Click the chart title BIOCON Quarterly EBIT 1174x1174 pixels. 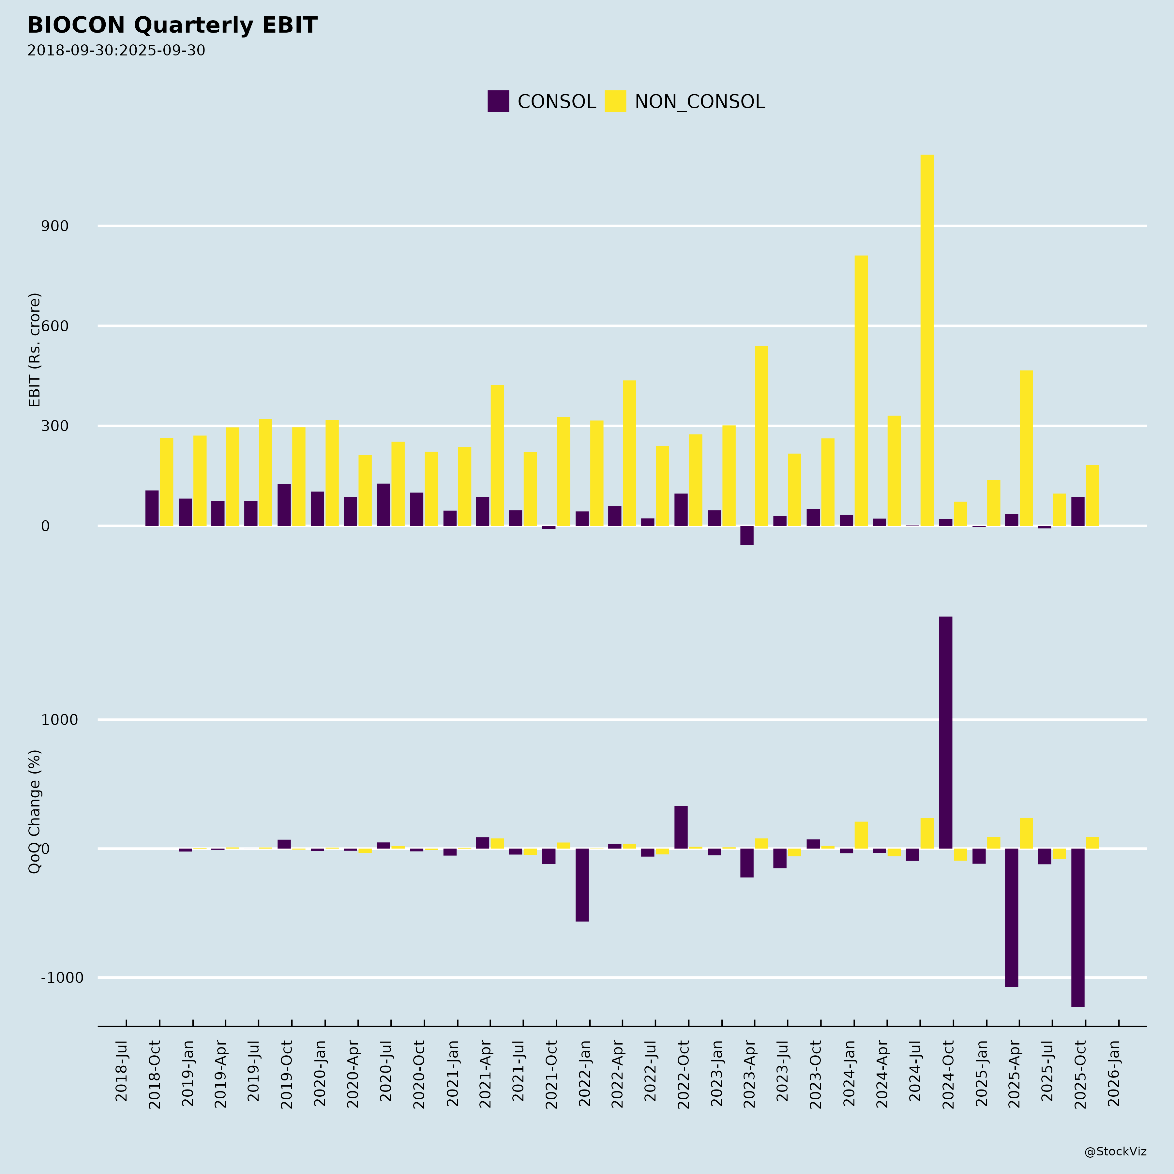tap(172, 25)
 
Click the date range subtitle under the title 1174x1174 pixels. tap(116, 51)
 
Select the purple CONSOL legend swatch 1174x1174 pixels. tap(498, 101)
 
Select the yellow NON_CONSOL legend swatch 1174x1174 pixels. tap(615, 101)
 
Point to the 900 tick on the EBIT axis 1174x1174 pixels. tap(55, 226)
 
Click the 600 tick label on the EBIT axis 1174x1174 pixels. tap(55, 326)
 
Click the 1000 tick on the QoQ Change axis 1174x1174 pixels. tap(60, 720)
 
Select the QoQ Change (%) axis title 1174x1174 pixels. tap(35, 812)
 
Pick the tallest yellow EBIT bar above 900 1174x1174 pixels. tap(927, 340)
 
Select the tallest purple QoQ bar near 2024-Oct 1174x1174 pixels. tap(945, 732)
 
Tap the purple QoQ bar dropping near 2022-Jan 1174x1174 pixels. tap(582, 885)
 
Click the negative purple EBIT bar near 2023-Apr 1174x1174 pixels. tap(747, 535)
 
